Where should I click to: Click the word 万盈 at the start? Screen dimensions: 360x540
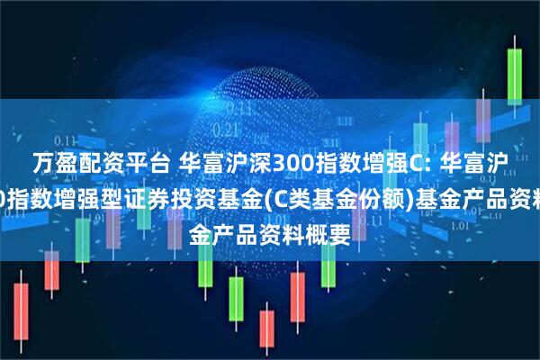pos(50,163)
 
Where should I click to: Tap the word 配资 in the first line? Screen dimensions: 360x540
pos(91,163)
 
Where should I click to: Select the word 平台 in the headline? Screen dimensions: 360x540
pos(131,163)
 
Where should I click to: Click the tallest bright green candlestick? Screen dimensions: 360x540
pos(517,76)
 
